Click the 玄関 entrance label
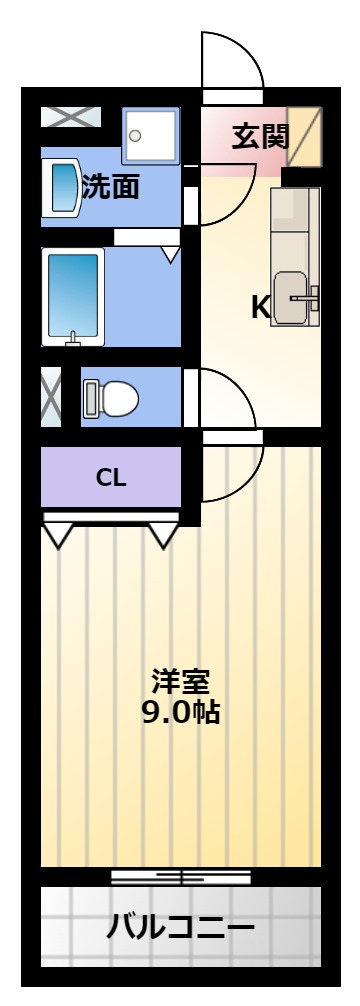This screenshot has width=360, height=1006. [x=261, y=136]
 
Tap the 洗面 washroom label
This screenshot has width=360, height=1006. [x=111, y=187]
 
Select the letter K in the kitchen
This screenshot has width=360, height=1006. [x=260, y=308]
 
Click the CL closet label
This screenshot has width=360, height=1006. [x=112, y=478]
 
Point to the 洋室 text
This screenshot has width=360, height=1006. [x=180, y=681]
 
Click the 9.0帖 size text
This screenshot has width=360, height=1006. [x=181, y=712]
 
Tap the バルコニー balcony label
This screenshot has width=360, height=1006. [x=180, y=927]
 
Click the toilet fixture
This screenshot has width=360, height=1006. [x=110, y=398]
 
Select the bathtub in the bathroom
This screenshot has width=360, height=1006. [x=73, y=297]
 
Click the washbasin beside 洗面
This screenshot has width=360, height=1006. [x=61, y=187]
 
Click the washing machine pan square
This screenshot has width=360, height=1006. [x=151, y=135]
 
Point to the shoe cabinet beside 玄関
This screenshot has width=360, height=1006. [x=304, y=137]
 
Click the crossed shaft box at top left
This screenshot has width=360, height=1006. [x=71, y=117]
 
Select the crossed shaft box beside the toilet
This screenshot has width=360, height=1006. [x=51, y=397]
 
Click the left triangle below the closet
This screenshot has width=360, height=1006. [x=58, y=535]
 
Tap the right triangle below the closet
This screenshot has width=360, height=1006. [x=164, y=535]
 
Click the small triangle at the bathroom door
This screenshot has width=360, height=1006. [x=170, y=254]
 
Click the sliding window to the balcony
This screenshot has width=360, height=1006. [x=181, y=876]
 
